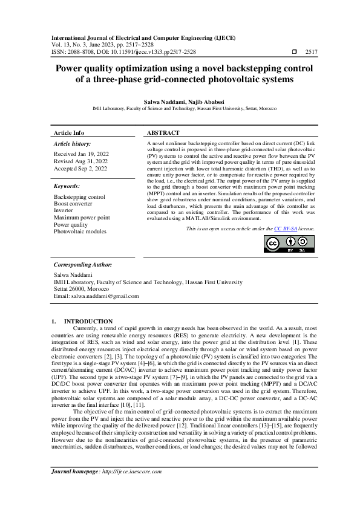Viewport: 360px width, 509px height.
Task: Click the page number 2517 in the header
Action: click(x=312, y=53)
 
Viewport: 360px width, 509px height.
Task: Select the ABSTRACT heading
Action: click(x=163, y=132)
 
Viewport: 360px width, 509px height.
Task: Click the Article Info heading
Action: click(x=69, y=132)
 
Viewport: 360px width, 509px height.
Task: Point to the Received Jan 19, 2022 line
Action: click(x=80, y=154)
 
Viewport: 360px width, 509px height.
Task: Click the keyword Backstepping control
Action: click(x=79, y=197)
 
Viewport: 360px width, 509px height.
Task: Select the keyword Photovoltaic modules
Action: click(x=79, y=232)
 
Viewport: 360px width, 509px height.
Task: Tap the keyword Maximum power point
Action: click(x=82, y=218)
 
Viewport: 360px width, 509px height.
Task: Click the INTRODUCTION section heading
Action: click(x=88, y=321)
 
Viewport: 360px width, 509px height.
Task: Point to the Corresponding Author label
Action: click(x=82, y=265)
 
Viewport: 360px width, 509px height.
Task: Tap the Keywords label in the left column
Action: click(x=67, y=187)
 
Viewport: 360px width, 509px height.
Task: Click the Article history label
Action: click(x=73, y=144)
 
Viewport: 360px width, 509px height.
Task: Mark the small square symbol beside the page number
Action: click(x=295, y=53)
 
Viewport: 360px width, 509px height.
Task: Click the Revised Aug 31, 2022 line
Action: click(x=80, y=161)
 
